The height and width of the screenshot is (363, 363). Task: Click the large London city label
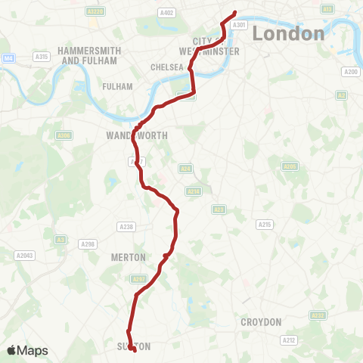click(x=288, y=34)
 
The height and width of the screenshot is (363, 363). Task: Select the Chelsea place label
click(x=167, y=67)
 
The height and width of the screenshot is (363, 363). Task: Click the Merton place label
click(x=128, y=257)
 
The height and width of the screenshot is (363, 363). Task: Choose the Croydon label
click(x=261, y=321)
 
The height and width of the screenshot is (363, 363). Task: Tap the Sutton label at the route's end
click(x=134, y=346)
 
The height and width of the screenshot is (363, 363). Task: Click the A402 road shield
click(x=167, y=12)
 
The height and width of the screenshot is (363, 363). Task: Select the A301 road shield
click(x=239, y=25)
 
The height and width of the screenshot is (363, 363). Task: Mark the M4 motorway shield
click(x=8, y=57)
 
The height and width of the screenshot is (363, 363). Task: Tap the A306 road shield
click(x=65, y=135)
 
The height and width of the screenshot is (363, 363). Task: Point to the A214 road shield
click(x=193, y=191)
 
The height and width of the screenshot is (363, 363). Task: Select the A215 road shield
click(x=264, y=225)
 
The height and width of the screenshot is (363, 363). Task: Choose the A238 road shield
click(x=126, y=226)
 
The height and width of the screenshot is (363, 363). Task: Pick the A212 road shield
click(x=289, y=340)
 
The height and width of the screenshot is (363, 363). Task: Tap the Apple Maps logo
click(x=27, y=350)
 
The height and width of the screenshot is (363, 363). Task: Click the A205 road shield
click(x=289, y=166)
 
